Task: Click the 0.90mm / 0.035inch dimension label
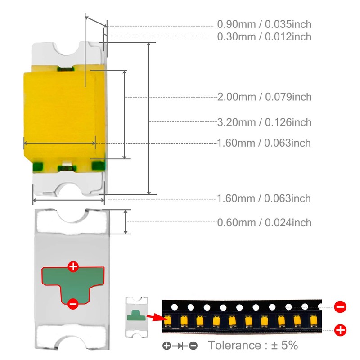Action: coord(264,24)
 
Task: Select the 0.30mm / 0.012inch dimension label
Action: coord(264,36)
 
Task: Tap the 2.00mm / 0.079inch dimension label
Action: coord(264,97)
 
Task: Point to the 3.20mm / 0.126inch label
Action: coord(264,122)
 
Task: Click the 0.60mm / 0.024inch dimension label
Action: coord(264,222)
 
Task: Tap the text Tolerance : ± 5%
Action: coord(252,346)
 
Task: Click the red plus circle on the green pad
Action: coord(73,266)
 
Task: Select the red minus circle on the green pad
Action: coord(73,304)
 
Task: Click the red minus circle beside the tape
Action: coord(341,307)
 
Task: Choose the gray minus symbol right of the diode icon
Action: coord(193,346)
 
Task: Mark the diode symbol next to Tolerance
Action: coord(180,346)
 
